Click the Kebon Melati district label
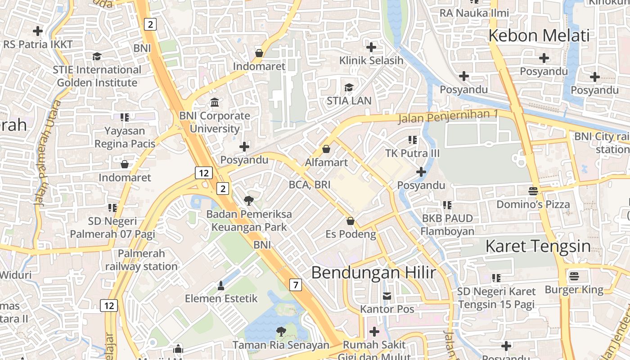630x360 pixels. coord(539,35)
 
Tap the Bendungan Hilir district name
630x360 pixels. coord(373,272)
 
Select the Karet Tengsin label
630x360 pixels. coord(538,246)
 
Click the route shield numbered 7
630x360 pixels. coord(295,284)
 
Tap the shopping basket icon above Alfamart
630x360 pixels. coord(326,148)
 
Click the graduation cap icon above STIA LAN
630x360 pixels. coord(349,87)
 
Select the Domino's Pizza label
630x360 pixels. coord(533,204)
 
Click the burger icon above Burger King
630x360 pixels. coord(574,275)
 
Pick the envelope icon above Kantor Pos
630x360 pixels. coord(387,296)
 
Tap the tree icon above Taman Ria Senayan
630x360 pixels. coord(281,332)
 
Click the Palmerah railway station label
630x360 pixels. coord(141,260)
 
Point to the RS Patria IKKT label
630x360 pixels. coord(38,45)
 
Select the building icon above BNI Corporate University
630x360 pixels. coord(215,102)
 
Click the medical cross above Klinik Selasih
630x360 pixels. coord(371,47)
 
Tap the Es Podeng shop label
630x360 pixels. coord(351,234)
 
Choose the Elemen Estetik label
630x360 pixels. coord(221,298)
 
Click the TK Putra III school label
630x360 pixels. coord(412,153)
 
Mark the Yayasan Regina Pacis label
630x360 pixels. coord(125,137)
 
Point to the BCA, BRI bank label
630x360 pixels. coord(310,184)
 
